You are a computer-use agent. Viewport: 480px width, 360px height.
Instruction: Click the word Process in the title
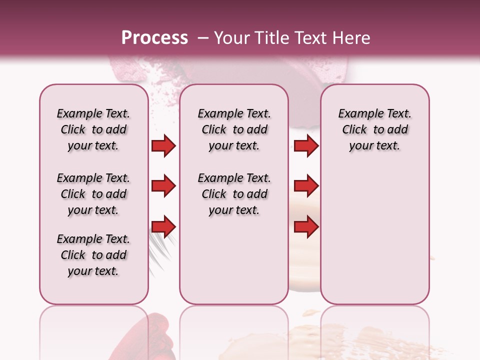click(x=154, y=38)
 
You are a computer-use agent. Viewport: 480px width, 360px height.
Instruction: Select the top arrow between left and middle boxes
click(x=163, y=146)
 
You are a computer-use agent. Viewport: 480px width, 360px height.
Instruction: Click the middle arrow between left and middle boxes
click(x=163, y=186)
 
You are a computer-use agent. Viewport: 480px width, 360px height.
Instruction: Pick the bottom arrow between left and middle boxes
click(x=163, y=227)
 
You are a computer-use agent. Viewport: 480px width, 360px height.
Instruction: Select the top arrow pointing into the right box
click(x=306, y=146)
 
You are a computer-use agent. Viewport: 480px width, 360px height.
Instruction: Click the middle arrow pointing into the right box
click(x=306, y=186)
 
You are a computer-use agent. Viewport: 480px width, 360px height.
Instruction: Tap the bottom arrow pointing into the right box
click(x=306, y=227)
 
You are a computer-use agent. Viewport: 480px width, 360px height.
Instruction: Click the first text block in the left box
click(x=93, y=129)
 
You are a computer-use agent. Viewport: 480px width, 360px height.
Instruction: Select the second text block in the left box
click(x=93, y=194)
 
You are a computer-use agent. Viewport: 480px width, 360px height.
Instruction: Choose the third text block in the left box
click(x=93, y=255)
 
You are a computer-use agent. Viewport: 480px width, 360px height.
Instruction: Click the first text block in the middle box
click(x=234, y=129)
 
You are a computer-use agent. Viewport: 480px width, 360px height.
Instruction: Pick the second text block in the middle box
click(x=234, y=194)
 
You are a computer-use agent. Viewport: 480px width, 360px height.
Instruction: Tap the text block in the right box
click(x=374, y=129)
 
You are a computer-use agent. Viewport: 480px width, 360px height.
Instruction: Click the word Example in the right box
click(x=359, y=114)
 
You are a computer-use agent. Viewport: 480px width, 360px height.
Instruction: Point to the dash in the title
click(x=203, y=38)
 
